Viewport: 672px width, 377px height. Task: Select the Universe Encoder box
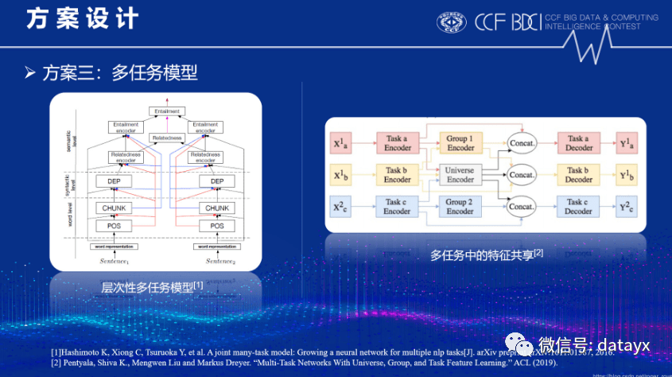[460, 174]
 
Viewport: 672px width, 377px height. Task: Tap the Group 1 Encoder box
[460, 143]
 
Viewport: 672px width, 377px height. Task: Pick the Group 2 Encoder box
[460, 207]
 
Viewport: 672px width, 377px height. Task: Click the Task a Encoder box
[397, 143]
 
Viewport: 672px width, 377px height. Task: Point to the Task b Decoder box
[578, 174]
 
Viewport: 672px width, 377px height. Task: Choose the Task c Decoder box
[578, 207]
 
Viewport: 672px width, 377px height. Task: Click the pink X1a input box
[340, 144]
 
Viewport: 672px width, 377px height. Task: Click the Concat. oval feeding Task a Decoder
[522, 144]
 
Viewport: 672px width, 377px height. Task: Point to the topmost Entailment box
[166, 111]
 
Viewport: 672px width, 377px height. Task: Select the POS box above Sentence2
[216, 226]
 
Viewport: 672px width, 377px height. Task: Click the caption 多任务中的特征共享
[486, 255]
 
